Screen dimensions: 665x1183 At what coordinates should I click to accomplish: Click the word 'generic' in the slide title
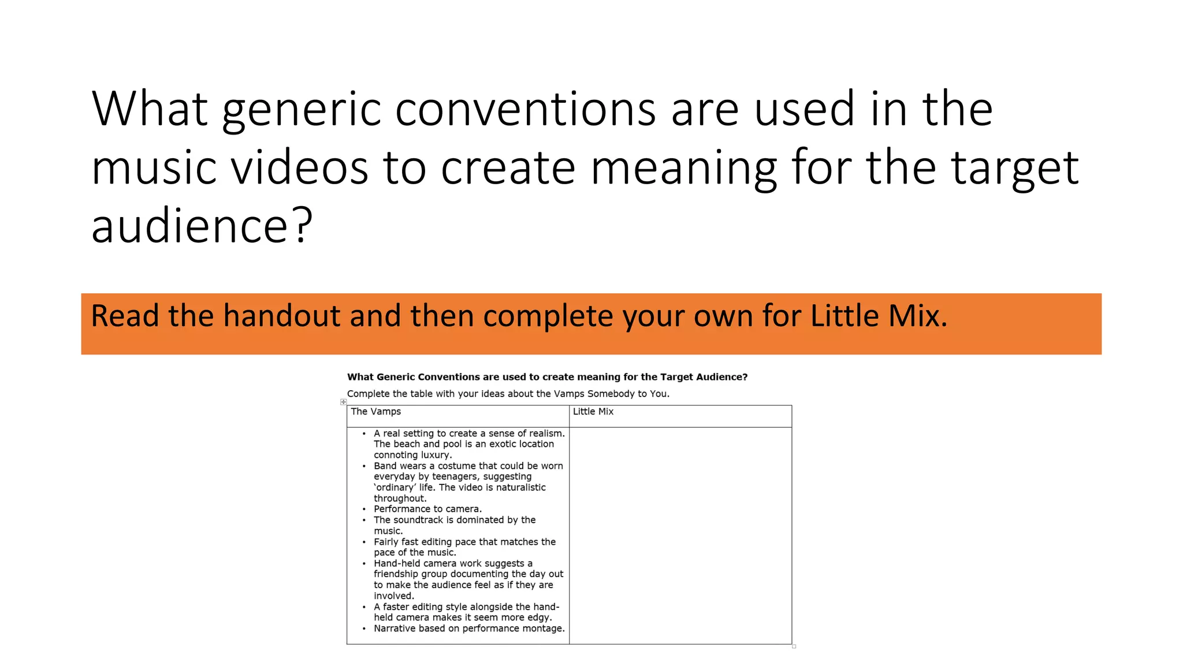301,110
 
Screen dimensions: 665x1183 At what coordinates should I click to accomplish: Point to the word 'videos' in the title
299,167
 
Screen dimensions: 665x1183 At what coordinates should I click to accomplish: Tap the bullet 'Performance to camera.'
427,509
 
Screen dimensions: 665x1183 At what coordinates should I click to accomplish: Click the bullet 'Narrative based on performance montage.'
469,629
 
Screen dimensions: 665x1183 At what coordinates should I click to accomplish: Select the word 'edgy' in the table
540,618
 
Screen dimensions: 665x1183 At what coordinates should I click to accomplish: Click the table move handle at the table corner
343,402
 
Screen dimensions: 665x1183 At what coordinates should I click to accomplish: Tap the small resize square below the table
794,647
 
